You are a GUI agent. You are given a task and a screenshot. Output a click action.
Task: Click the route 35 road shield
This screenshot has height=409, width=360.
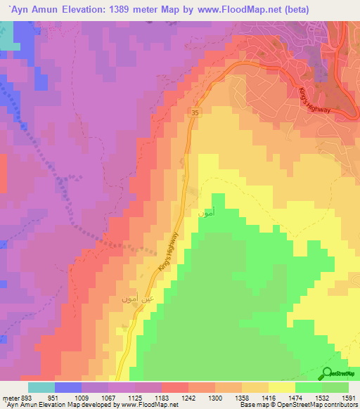pyautogui.click(x=195, y=112)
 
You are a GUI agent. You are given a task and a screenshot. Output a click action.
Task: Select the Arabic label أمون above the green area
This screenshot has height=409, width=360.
pyautogui.click(x=206, y=212)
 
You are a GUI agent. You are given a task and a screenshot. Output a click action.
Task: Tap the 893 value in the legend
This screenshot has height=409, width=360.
pyautogui.click(x=27, y=398)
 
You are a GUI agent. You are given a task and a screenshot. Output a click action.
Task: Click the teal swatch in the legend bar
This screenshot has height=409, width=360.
pyautogui.click(x=41, y=387)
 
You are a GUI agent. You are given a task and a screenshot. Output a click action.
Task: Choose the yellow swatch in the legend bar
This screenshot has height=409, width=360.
pyautogui.click(x=282, y=387)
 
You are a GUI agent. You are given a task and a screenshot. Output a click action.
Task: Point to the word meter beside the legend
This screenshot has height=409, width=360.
pyautogui.click(x=9, y=398)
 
